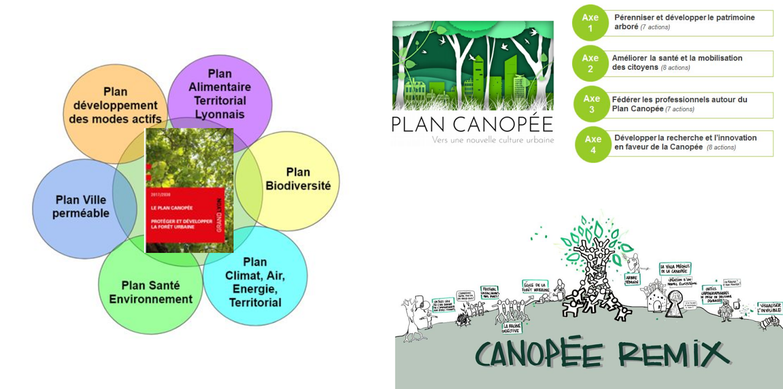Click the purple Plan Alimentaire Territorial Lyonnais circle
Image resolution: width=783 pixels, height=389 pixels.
tap(220, 93)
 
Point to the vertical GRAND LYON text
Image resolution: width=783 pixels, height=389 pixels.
tap(219, 215)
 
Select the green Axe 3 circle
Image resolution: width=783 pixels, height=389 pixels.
tap(592, 104)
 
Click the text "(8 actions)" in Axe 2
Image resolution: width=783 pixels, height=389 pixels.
tap(675, 68)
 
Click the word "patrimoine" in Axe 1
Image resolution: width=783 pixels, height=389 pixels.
tap(735, 18)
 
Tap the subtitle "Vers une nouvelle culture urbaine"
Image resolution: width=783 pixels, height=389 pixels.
tap(493, 140)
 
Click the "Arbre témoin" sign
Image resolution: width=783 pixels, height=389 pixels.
tap(632, 279)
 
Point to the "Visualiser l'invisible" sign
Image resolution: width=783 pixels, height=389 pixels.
tap(769, 308)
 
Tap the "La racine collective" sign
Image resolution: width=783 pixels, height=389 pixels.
tap(512, 328)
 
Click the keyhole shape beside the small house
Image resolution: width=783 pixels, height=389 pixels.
tap(675, 302)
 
